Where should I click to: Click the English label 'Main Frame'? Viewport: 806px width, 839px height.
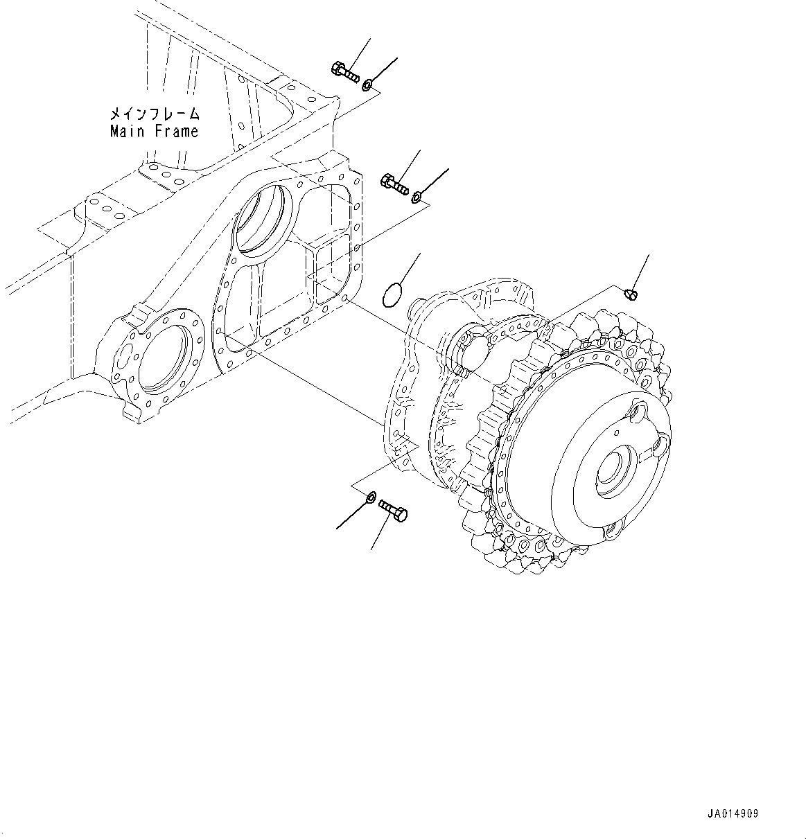(x=154, y=131)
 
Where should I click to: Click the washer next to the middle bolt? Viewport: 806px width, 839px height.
(x=417, y=198)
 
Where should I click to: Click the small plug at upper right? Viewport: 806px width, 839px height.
(x=631, y=294)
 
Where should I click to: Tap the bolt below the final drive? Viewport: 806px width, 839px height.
(x=394, y=511)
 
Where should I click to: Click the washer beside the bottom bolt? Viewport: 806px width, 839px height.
(x=371, y=496)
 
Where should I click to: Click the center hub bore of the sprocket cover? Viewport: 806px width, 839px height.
(x=612, y=473)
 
